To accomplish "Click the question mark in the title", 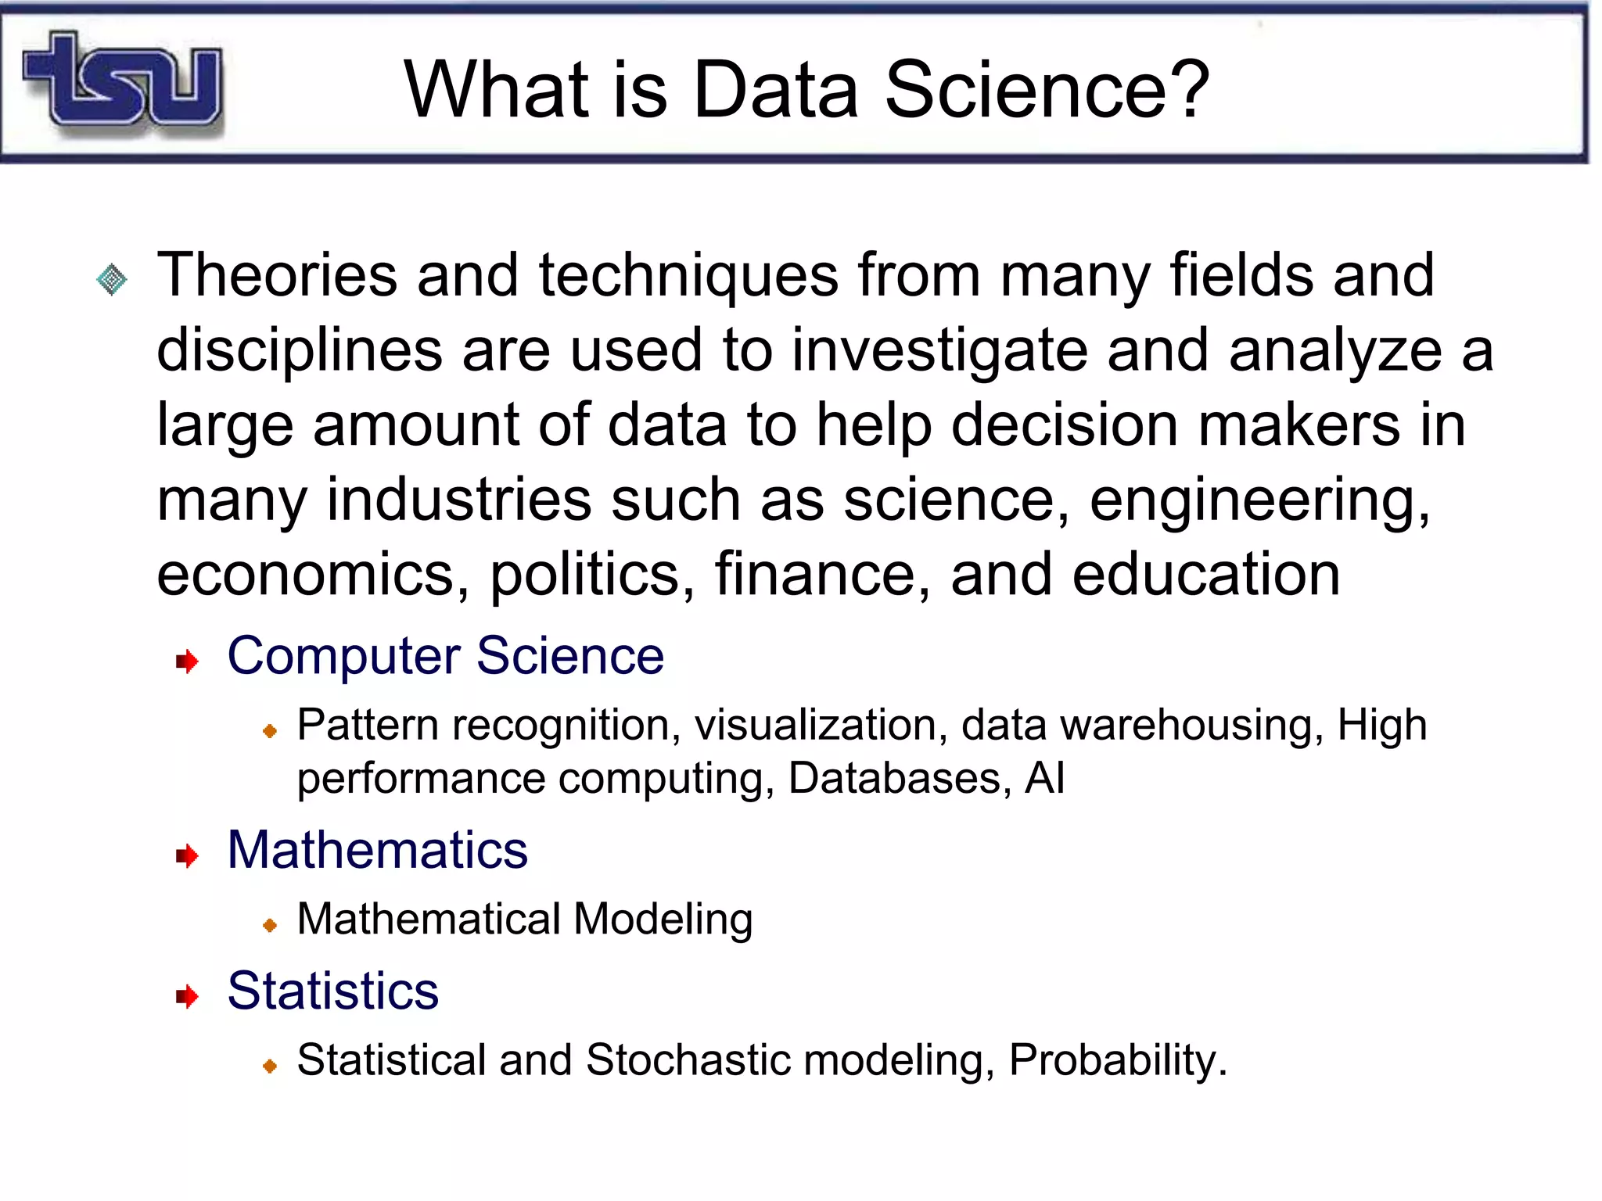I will (1190, 90).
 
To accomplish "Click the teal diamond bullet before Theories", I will (111, 279).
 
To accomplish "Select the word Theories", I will (277, 275).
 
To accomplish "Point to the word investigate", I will (939, 350).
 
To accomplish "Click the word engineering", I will (1259, 500).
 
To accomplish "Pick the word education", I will (1205, 575).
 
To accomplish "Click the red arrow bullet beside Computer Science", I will (187, 661).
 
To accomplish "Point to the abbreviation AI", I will (1044, 778).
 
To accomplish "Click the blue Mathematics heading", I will (377, 850).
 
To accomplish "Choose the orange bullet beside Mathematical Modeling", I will (270, 925).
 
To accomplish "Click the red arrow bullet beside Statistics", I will (187, 996).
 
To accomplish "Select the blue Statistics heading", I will (332, 991).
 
